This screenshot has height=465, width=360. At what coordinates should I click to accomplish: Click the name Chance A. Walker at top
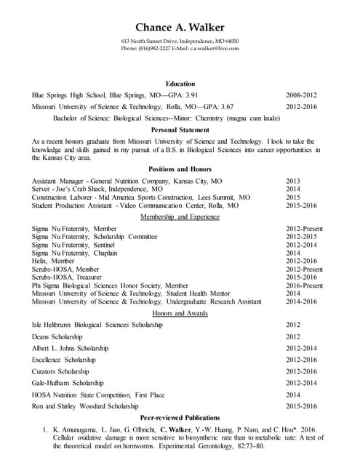tap(180, 28)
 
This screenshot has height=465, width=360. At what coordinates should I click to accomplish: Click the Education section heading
tap(180, 84)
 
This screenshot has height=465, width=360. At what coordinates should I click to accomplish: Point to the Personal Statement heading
tap(180, 129)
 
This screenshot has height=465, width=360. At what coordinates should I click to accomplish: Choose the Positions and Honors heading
tap(180, 169)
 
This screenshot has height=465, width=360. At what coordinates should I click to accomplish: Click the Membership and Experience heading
tap(180, 217)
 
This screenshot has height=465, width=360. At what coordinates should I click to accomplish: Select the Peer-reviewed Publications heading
tap(180, 418)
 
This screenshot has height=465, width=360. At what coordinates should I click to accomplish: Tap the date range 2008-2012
tap(302, 95)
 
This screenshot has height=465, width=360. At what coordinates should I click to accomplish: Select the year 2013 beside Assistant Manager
tap(293, 180)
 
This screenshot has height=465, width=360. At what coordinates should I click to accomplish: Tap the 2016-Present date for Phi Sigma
tap(304, 286)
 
